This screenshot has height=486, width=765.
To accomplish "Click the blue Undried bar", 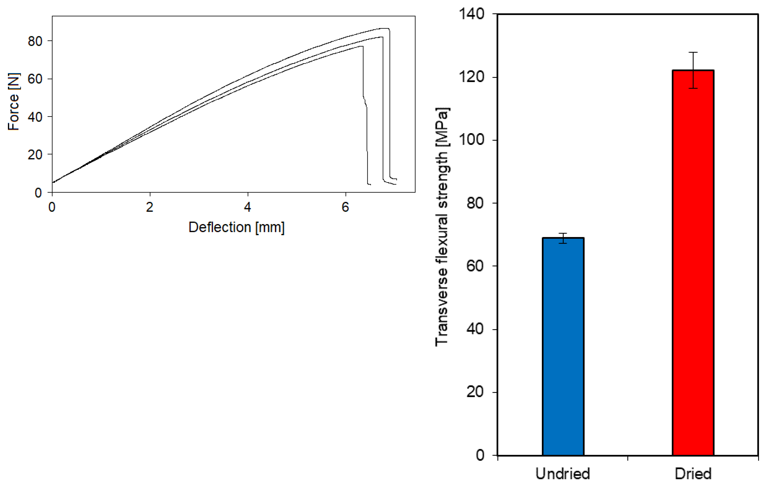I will pos(563,346).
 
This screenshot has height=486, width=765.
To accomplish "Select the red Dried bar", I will pos(693,263).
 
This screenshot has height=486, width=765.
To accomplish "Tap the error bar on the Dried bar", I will pos(693,70).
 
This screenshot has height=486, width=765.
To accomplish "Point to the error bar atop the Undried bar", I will pos(563,238).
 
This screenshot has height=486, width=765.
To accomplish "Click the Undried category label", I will pos(563,474).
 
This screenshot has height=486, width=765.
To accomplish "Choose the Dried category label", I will pos(693,474).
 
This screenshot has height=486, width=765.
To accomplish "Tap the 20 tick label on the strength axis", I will pos(475,392).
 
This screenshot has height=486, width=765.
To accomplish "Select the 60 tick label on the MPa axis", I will pos(475,266).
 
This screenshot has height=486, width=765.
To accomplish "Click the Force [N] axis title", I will pos(13,102).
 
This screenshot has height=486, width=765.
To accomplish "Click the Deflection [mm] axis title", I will pos(236,227).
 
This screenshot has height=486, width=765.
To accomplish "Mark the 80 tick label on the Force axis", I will pos(35,41).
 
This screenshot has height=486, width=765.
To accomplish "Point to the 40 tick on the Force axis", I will pos(35,117).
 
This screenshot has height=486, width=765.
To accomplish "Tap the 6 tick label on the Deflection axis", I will pos(345,207).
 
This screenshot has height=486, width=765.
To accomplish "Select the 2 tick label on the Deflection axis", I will pos(150,207).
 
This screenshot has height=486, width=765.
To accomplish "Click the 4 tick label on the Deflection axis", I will pos(247,207).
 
